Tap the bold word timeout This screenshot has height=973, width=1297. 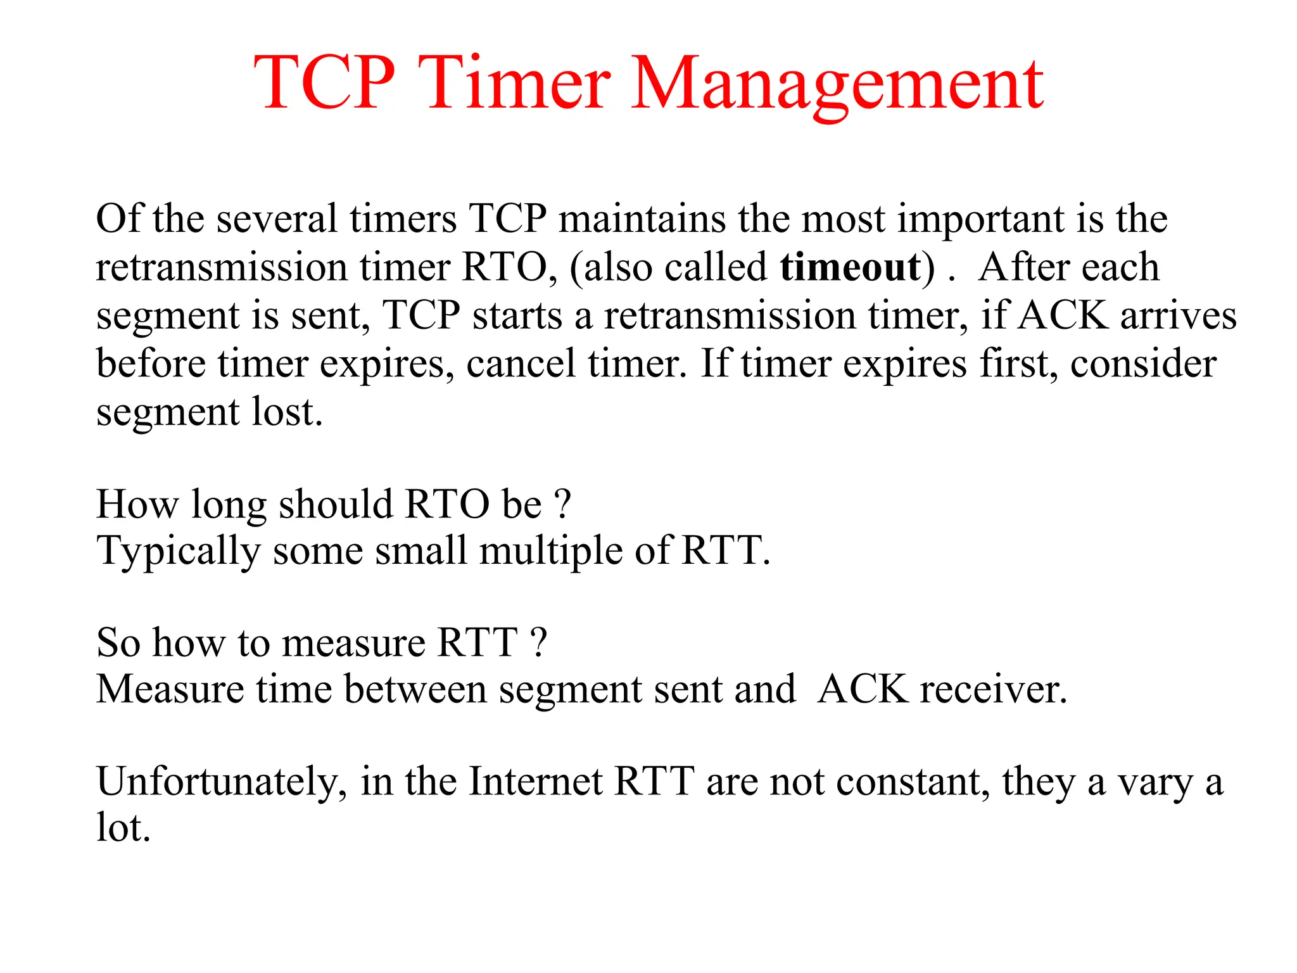pos(850,267)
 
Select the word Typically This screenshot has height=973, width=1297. pos(179,551)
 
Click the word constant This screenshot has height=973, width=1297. pos(913,782)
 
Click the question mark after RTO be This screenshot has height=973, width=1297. pos(562,504)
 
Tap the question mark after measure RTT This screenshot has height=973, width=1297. pos(538,642)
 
